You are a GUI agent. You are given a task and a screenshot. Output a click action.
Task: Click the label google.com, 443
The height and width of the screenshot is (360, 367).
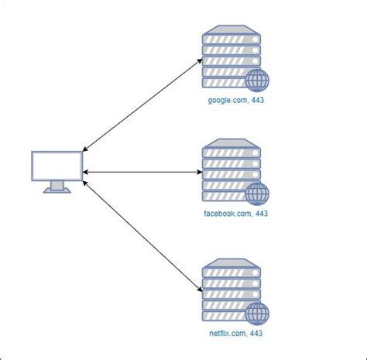coord(236,101)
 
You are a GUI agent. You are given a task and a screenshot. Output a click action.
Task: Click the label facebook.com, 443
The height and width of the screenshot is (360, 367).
coord(235,213)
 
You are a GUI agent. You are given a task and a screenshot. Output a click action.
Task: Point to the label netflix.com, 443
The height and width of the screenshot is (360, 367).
coord(237,334)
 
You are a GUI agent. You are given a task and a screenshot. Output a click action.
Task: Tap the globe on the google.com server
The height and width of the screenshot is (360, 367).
coord(257,81)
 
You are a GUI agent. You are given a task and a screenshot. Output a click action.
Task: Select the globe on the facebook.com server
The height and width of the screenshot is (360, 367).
coord(256,194)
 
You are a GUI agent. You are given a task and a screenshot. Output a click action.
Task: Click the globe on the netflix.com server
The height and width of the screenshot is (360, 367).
coord(257,313)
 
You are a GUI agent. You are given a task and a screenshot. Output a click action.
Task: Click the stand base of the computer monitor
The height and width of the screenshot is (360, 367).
coord(57,189)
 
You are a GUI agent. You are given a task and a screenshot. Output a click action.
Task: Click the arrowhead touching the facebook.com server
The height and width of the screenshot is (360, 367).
coord(199,172)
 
